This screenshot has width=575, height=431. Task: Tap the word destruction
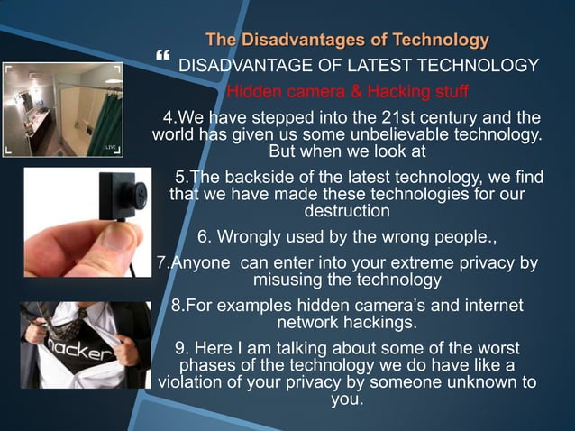(x=348, y=212)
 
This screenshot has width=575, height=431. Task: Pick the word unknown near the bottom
(x=476, y=382)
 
